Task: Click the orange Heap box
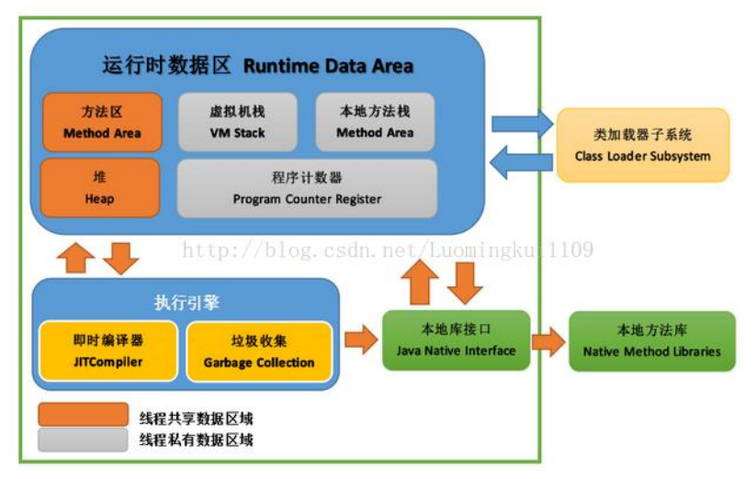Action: coord(100,188)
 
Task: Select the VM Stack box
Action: coord(236,122)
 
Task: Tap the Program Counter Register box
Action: coord(307,188)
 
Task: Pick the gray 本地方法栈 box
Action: coord(375,122)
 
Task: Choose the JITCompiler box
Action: coord(108,351)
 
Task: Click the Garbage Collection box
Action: coord(259,351)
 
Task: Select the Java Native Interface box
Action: coord(456,340)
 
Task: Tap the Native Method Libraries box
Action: coord(652,340)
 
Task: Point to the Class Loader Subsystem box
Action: coord(642,145)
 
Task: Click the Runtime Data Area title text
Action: coord(328,66)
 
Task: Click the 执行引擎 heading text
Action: coord(186,303)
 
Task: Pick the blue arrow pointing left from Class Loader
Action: coord(518,164)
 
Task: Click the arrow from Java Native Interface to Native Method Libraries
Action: coord(549,341)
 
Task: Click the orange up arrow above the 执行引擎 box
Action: coord(76,258)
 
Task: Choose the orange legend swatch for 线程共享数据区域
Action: coord(83,415)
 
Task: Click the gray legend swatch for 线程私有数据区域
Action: coord(83,440)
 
